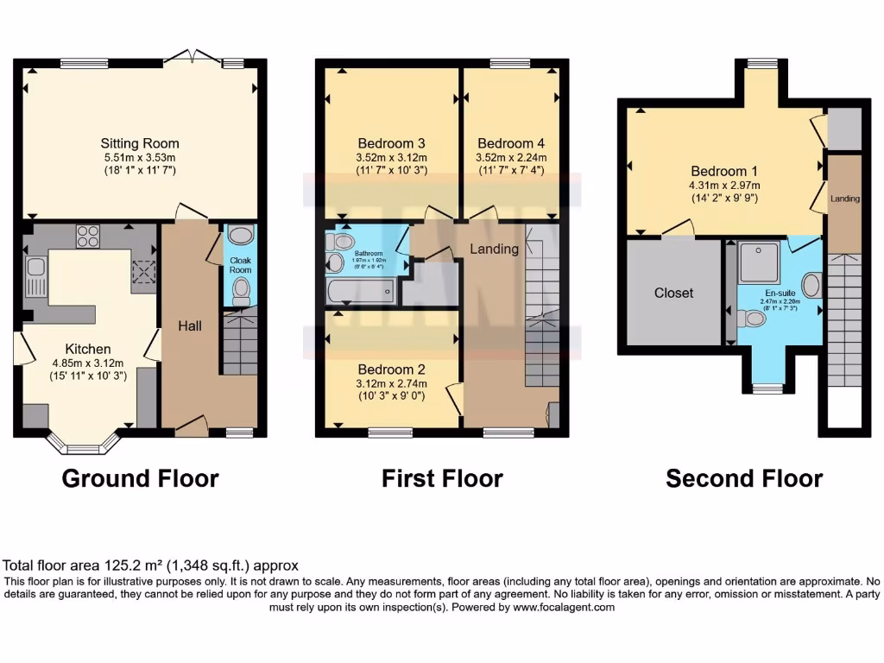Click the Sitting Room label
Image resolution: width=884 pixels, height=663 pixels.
(x=140, y=143)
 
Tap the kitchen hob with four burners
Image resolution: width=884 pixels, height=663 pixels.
(x=88, y=236)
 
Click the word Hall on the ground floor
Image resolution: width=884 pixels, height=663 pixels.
(x=189, y=325)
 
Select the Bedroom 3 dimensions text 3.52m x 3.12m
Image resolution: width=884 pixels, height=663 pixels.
(x=391, y=158)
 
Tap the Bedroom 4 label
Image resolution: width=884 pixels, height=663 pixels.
(x=511, y=143)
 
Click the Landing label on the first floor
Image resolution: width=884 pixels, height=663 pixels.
(x=494, y=249)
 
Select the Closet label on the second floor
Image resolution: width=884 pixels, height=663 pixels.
(x=673, y=293)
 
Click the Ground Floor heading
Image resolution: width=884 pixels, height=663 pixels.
(x=140, y=478)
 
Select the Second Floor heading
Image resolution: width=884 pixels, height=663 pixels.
(x=744, y=478)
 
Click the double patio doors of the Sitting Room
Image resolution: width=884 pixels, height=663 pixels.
(x=193, y=59)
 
